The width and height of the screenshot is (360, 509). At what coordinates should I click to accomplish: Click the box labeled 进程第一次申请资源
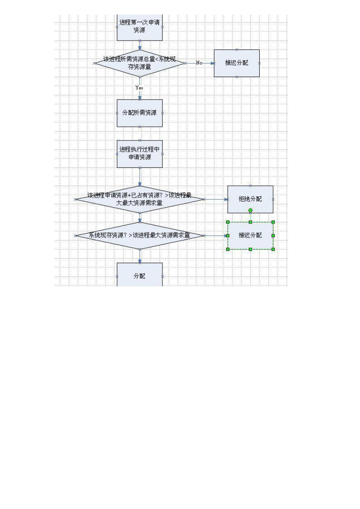140,27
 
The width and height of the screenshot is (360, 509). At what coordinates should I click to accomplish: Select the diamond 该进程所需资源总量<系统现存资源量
140,63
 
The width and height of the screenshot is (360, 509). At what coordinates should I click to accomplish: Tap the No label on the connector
199,63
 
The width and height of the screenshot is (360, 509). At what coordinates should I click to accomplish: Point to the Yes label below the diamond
139,87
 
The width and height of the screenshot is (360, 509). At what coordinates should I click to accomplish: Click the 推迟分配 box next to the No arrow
237,63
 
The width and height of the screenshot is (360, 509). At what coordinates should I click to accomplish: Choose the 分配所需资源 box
140,113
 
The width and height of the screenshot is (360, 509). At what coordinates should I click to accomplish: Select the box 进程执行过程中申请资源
140,154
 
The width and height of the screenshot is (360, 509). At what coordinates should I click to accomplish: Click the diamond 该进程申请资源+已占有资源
140,199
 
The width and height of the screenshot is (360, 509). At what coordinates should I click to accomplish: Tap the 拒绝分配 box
250,199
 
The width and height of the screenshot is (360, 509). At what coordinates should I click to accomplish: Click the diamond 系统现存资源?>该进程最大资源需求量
140,235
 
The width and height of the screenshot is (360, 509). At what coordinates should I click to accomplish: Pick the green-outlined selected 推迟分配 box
250,235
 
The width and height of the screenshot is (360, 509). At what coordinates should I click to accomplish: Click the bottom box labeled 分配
140,275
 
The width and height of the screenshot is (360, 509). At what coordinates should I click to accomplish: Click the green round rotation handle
250,211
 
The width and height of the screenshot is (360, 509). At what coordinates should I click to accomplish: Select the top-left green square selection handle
228,222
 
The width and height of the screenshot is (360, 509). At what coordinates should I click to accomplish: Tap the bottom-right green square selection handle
273,249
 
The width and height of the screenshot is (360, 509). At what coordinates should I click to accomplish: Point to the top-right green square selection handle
273,222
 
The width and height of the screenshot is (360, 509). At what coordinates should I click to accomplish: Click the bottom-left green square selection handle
228,249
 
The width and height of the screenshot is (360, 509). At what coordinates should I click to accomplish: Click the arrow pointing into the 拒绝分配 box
216,199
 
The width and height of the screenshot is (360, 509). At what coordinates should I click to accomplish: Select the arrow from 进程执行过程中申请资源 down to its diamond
140,177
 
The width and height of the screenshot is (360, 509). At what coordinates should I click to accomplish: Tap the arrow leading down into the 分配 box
140,256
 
